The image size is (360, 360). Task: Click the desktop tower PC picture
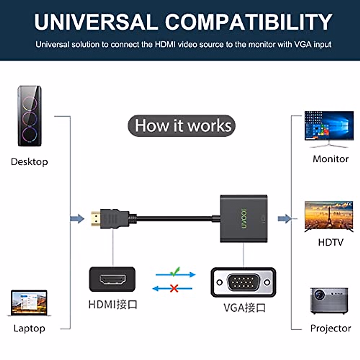pyautogui.click(x=29, y=116)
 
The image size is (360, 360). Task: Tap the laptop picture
pyautogui.click(x=29, y=303)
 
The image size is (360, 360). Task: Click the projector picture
pyautogui.click(x=329, y=301)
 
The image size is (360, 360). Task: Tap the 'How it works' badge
pyautogui.click(x=181, y=126)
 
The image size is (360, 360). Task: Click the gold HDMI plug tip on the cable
pyautogui.click(x=95, y=219)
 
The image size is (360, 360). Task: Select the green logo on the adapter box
pyautogui.click(x=244, y=218)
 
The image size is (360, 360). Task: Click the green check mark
pyautogui.click(x=175, y=271)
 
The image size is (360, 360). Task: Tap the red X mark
pyautogui.click(x=174, y=289)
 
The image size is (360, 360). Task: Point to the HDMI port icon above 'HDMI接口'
pyautogui.click(x=112, y=280)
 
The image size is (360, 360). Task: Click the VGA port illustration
pyautogui.click(x=243, y=282)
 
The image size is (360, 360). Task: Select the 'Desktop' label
pyautogui.click(x=29, y=162)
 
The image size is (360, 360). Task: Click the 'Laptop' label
pyautogui.click(x=29, y=328)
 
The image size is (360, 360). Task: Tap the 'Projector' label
pyautogui.click(x=331, y=328)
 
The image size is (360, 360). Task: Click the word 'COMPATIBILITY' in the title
pyautogui.click(x=248, y=22)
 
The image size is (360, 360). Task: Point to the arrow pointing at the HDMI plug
pyautogui.click(x=77, y=219)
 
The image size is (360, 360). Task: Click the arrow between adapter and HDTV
pyautogui.click(x=284, y=219)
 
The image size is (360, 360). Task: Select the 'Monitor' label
pyautogui.click(x=331, y=159)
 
